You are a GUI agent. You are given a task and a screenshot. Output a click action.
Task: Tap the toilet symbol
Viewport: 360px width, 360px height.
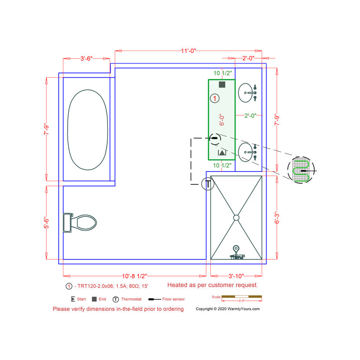pos(81,222)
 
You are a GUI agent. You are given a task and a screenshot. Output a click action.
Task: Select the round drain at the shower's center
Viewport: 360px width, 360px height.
pos(236,217)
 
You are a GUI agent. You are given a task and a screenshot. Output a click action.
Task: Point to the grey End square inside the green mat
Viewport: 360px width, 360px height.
pos(222,84)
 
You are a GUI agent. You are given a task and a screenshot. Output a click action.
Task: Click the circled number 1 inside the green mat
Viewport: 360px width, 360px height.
pos(215,99)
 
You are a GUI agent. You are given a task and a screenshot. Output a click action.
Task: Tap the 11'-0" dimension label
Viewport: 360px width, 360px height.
pos(188,51)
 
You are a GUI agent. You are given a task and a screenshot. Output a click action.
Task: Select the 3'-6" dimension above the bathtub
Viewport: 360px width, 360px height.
pos(86,59)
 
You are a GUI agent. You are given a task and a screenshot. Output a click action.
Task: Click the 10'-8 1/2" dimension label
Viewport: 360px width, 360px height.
pos(135,276)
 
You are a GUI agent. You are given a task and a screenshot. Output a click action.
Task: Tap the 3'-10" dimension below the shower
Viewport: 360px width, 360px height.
pos(236,276)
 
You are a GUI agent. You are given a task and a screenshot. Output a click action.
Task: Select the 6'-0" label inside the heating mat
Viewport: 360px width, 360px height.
pos(222,119)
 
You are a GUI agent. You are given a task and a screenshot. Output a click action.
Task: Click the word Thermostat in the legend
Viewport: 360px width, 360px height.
pos(131,299)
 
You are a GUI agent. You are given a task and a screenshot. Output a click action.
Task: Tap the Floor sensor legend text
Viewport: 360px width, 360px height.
pos(173,299)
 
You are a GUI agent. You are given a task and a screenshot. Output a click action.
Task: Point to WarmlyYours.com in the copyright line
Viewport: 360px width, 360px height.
pos(243,309)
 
